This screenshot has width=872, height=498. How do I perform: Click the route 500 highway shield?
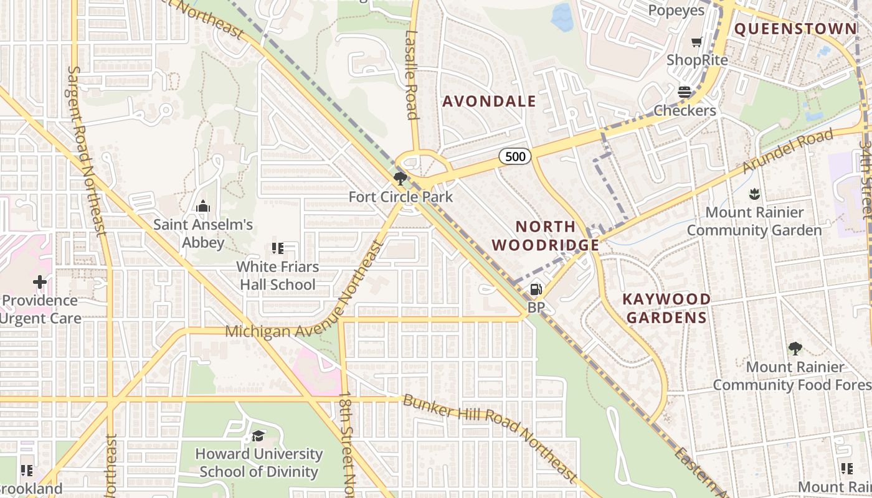tap(515, 156)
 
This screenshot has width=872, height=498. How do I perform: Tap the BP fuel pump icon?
tap(535, 289)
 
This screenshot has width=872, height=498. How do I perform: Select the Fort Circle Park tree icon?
tap(400, 179)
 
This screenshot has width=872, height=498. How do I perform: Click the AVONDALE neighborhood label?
tap(489, 101)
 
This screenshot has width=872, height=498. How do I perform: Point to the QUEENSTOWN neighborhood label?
tap(795, 29)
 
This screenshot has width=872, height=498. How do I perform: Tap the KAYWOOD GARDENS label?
tap(666, 308)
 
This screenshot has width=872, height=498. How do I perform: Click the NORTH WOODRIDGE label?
tap(545, 236)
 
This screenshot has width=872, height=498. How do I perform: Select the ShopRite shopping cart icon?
tap(696, 42)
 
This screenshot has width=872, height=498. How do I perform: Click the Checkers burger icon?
tap(685, 92)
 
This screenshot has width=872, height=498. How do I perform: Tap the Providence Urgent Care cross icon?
tap(40, 282)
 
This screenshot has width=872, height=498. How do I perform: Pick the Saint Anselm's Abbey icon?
tap(202, 206)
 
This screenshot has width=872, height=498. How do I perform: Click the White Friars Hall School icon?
tap(278, 248)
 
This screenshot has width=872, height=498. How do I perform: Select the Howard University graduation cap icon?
tap(258, 436)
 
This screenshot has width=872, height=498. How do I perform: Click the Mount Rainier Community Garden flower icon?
tap(754, 194)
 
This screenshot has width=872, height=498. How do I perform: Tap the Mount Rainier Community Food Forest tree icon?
tap(795, 349)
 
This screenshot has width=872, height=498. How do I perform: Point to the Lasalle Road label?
tap(411, 75)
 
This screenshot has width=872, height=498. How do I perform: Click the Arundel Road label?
tap(788, 152)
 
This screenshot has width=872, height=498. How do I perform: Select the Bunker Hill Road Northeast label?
tap(490, 438)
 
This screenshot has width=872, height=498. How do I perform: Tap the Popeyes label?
tap(676, 11)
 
